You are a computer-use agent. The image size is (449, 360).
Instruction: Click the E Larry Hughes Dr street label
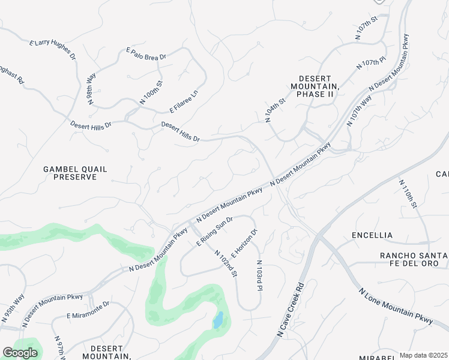(x=53, y=50)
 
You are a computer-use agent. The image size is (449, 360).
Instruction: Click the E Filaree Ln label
(x=184, y=101)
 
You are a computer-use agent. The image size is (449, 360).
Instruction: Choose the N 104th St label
(x=275, y=109)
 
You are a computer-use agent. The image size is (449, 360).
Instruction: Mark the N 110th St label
(x=408, y=193)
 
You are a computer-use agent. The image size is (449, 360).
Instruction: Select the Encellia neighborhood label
(x=372, y=235)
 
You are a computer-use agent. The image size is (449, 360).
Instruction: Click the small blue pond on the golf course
(x=217, y=320)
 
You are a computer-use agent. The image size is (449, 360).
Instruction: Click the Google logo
(x=20, y=353)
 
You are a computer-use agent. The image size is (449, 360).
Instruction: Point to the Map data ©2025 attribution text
(x=423, y=355)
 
